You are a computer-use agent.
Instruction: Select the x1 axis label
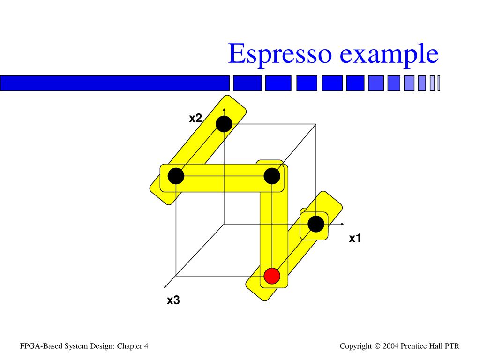[355, 239]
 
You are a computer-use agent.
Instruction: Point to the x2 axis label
[195, 118]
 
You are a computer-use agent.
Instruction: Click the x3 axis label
[173, 300]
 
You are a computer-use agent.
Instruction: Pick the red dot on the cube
[272, 276]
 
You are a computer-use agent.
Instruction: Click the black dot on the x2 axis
[224, 124]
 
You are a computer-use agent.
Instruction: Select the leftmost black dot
[176, 176]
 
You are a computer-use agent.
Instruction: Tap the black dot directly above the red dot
[272, 176]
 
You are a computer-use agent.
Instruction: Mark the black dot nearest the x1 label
[316, 224]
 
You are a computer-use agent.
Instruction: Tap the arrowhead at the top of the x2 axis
[224, 109]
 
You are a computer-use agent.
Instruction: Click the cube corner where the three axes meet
[224, 224]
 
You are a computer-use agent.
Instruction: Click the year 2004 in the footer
[390, 346]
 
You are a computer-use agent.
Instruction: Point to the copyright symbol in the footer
[377, 346]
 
